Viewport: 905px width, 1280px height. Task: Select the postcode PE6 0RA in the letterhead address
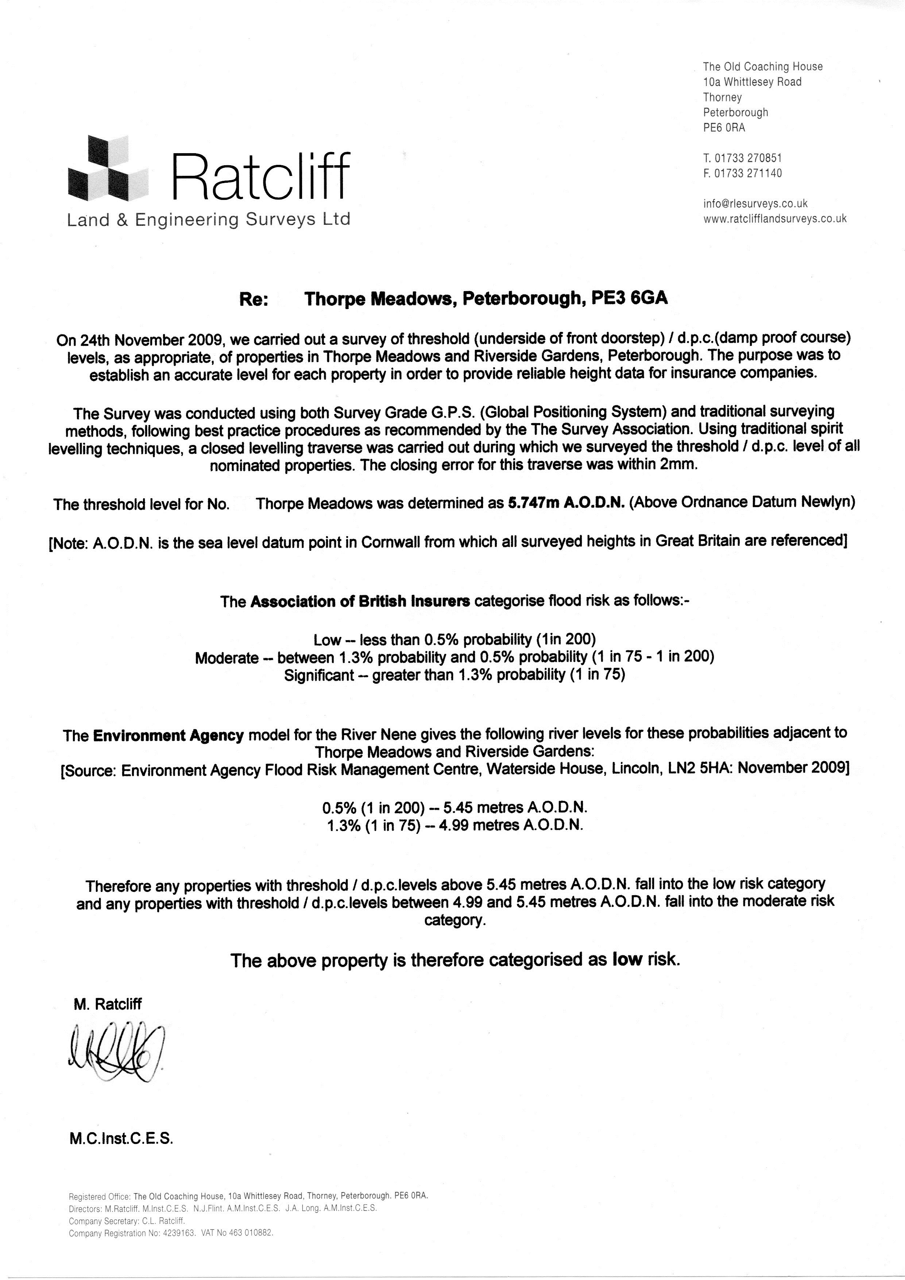coord(724,128)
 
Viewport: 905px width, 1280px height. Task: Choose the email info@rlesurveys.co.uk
coord(755,204)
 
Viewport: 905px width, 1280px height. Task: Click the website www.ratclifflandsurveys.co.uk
coord(775,219)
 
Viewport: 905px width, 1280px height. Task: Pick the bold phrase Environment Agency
coord(169,735)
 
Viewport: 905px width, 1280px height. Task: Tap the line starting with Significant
coord(455,675)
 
